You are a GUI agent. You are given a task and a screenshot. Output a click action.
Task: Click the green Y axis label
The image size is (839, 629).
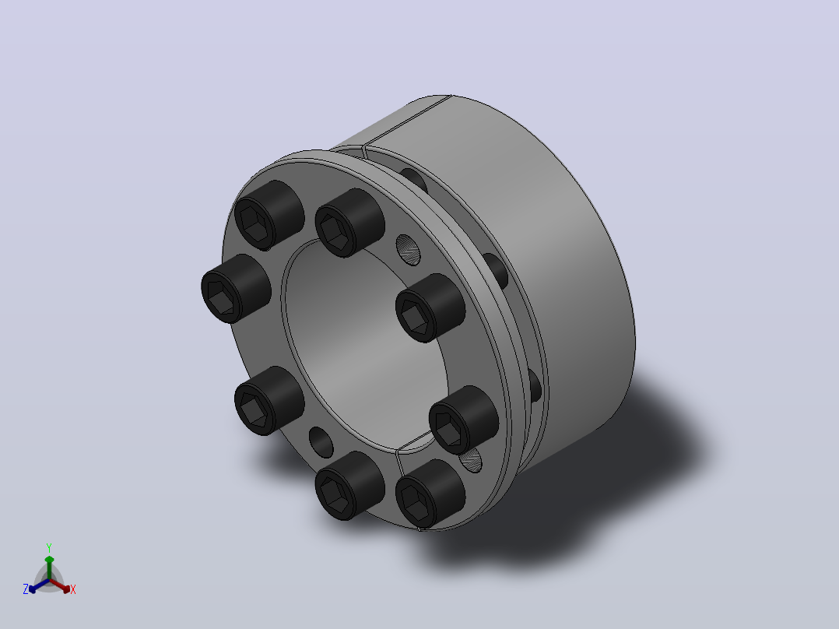pos(49,547)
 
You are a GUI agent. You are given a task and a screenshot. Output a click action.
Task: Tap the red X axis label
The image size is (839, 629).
pos(73,589)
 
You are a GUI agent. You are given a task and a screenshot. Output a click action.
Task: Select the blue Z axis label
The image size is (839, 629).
pos(26,589)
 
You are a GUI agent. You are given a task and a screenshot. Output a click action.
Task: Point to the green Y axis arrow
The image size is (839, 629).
pos(49,568)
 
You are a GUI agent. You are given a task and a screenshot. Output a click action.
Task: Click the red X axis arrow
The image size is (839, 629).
pos(60,585)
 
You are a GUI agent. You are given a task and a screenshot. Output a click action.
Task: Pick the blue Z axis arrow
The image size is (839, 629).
pos(39,585)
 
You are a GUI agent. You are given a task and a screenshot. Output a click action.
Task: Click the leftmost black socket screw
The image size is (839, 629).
pos(236,289)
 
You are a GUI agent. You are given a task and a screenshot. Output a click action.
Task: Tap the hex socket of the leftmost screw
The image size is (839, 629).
pos(220,297)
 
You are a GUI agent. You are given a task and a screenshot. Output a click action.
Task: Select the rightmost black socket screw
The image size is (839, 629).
pos(463,420)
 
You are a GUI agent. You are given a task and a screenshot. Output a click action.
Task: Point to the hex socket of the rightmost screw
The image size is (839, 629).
pos(448,428)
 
